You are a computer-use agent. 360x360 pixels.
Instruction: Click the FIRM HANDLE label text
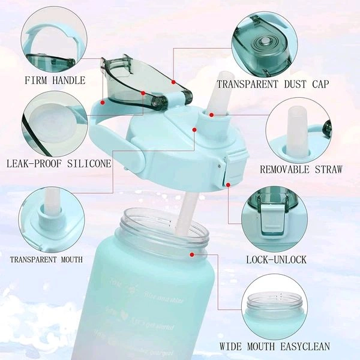55,80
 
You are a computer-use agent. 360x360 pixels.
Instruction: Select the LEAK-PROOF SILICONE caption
58,163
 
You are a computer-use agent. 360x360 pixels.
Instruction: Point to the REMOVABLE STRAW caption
301,170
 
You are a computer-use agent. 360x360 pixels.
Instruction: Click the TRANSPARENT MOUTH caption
46,259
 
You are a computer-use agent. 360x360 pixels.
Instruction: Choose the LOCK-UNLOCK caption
276,259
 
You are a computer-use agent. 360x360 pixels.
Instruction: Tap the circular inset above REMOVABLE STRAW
298,131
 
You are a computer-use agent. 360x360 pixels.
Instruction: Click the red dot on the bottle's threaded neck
191,254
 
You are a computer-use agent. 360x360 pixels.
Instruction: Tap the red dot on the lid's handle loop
103,102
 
